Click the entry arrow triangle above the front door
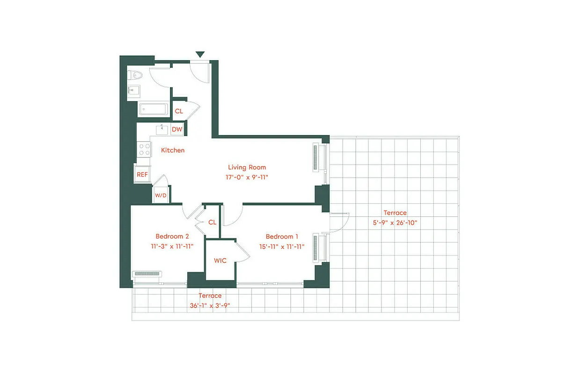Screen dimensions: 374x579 coord(200,55)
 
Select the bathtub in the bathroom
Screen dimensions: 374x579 coord(153,109)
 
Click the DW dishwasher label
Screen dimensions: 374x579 coord(177,129)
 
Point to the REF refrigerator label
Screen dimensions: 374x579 coord(142,174)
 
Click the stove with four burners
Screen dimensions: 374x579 coord(144,149)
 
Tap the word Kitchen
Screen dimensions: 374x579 coord(173,150)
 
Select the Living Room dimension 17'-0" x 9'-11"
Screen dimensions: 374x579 coord(247,177)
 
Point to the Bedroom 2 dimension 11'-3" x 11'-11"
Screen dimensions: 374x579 coord(172,246)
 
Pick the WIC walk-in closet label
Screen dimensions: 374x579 coord(220,260)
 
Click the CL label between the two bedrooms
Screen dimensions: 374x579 coord(212,222)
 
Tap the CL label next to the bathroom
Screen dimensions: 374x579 coord(179,111)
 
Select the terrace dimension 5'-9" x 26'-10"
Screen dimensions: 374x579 coord(395,223)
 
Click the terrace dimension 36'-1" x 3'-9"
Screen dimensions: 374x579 coord(210,306)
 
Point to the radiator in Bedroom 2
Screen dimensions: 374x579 coord(147,274)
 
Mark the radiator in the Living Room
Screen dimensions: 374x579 coord(315,158)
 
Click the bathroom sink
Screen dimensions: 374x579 coord(133,91)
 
